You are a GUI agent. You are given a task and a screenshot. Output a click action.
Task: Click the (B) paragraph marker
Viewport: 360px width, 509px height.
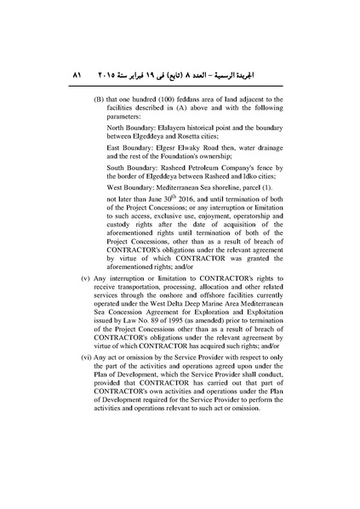[x=99, y=100]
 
